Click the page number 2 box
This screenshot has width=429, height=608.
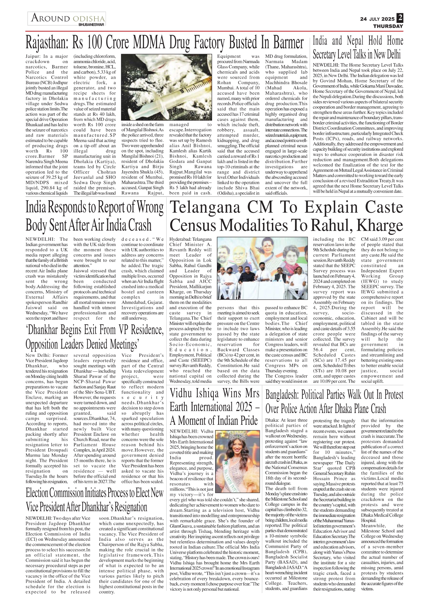click(x=400, y=18)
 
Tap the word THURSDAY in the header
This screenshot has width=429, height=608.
click(x=388, y=26)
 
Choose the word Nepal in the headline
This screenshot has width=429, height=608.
click(x=355, y=41)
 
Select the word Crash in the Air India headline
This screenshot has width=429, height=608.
click(x=140, y=225)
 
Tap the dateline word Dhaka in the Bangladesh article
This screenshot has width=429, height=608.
click(x=272, y=420)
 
